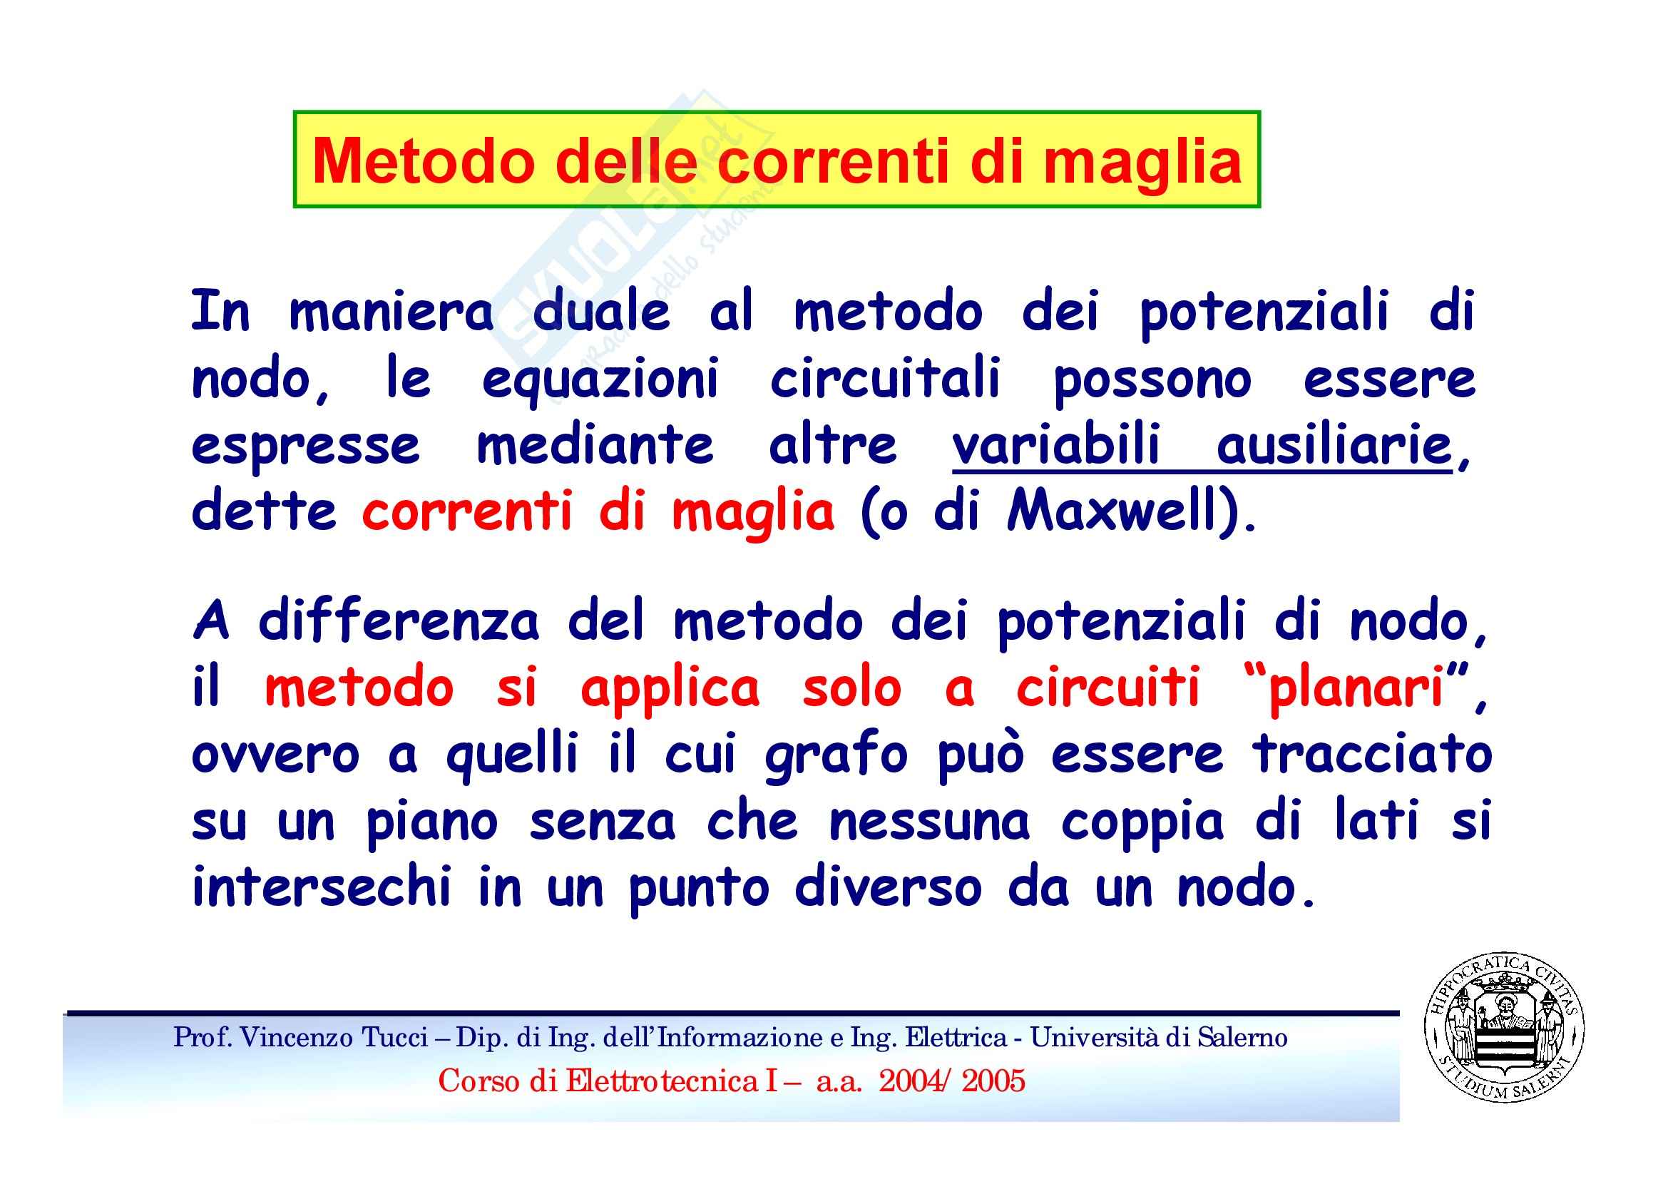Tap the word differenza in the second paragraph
pyautogui.click(x=399, y=621)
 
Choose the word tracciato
pyautogui.click(x=1372, y=755)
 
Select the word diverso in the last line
pyautogui.click(x=889, y=888)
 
